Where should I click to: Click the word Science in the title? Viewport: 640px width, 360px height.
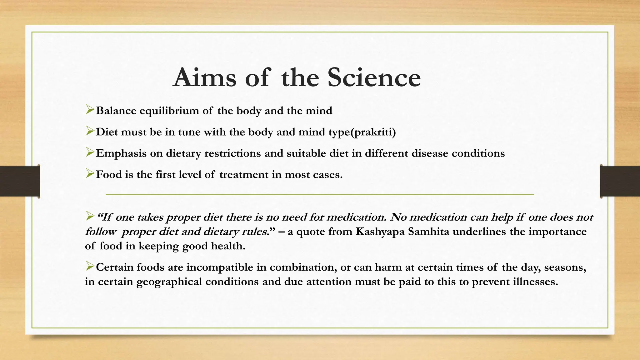point(374,77)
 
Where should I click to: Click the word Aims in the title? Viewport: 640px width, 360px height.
point(205,77)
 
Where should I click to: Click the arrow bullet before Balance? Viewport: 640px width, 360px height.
point(90,110)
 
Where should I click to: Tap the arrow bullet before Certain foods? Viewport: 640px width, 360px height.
point(90,267)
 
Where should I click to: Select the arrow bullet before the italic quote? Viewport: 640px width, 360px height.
point(90,216)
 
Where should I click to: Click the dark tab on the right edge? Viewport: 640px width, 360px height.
point(620,181)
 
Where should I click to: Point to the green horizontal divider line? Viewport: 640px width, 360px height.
point(320,195)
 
